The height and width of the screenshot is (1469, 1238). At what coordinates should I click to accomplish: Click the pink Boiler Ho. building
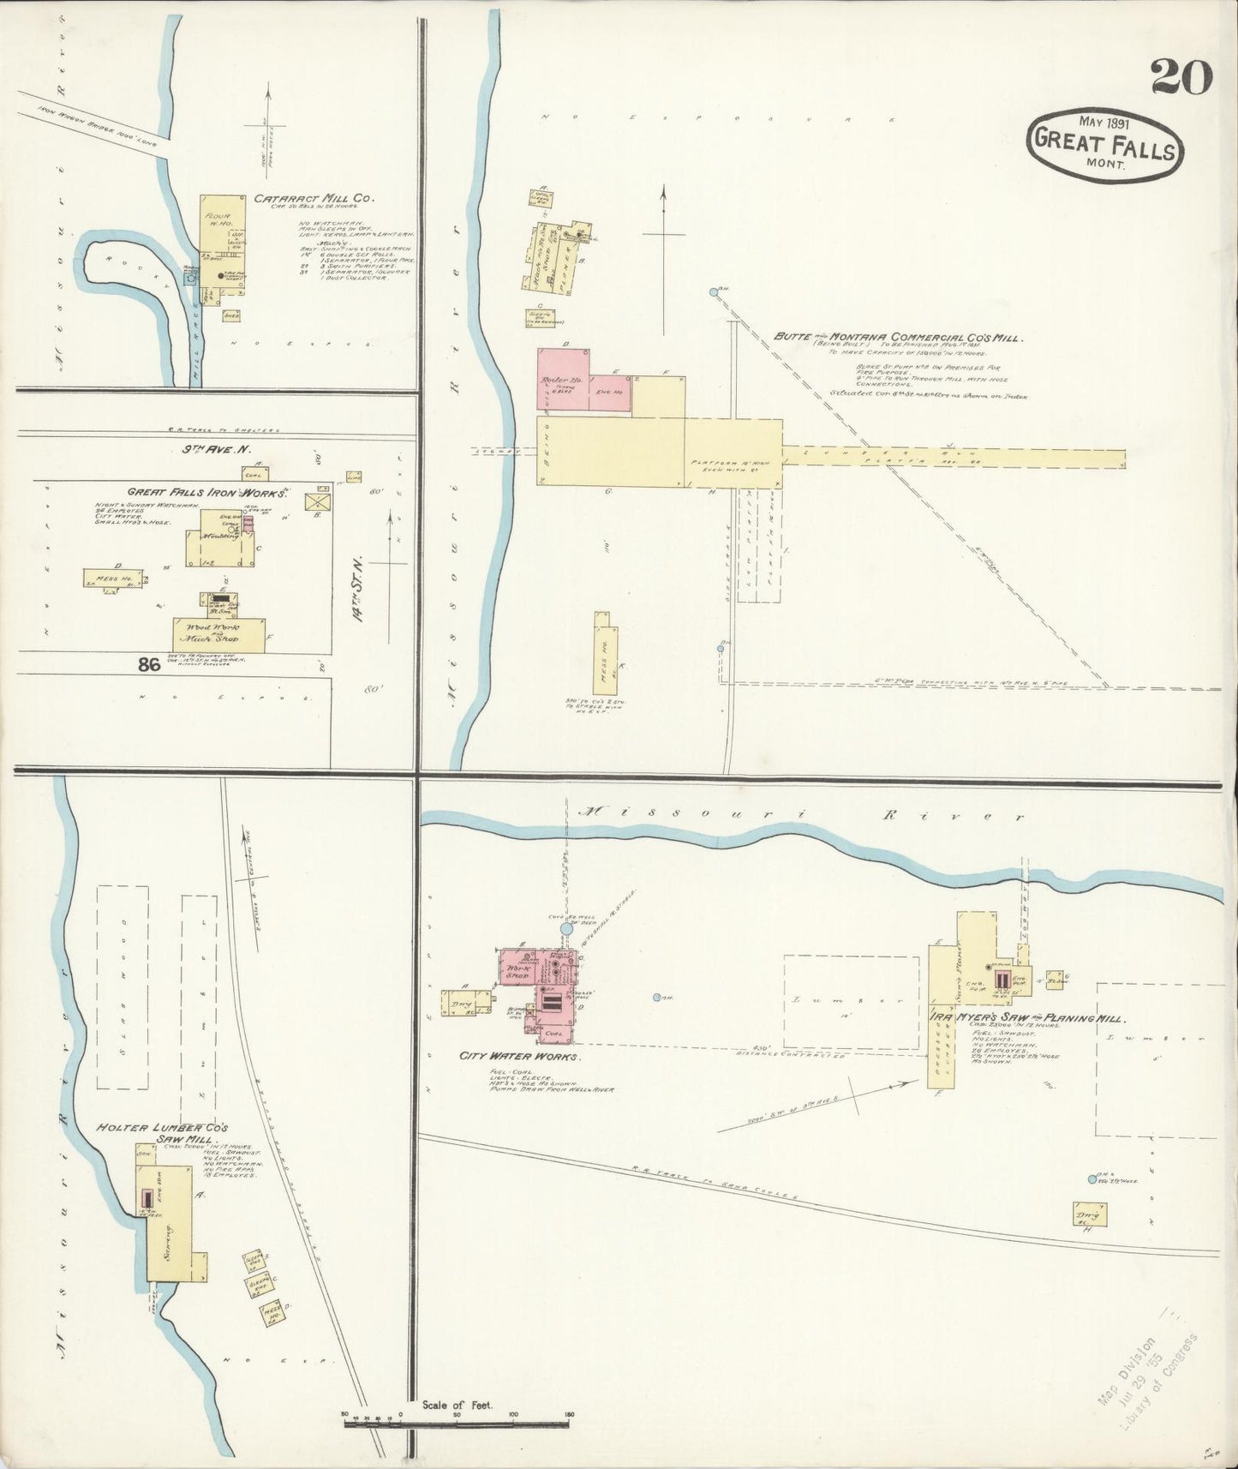[x=563, y=381]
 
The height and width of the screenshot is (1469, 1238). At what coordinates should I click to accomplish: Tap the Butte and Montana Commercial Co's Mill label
[x=896, y=338]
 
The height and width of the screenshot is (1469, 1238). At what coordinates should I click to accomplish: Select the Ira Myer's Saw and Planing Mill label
[x=1027, y=1018]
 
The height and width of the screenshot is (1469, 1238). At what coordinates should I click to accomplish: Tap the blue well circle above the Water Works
[x=566, y=928]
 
